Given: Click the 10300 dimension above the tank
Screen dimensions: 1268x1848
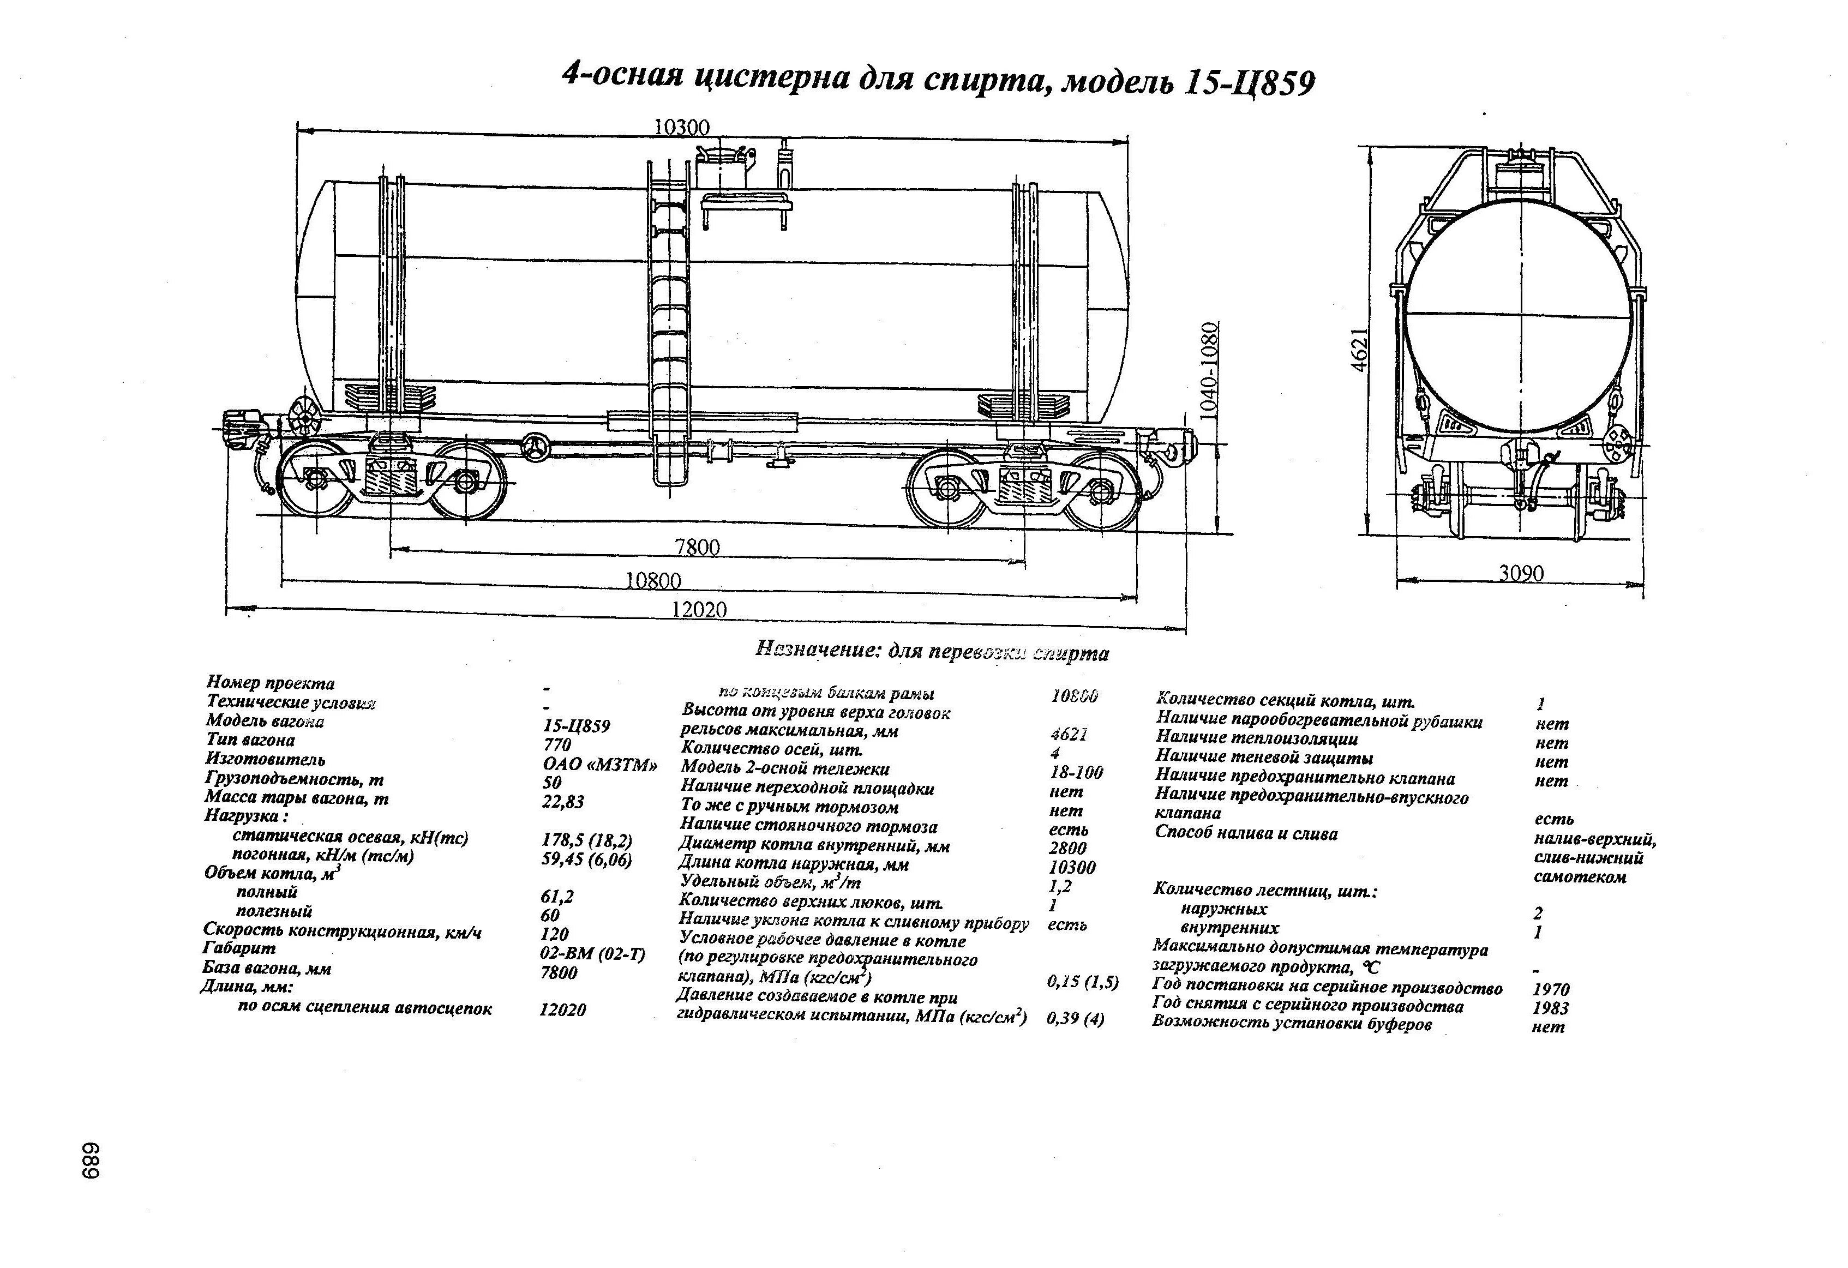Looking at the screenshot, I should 681,127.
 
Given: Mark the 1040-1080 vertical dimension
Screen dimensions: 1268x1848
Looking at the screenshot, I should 1209,366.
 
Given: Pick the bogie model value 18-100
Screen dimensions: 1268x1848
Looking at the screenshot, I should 1076,772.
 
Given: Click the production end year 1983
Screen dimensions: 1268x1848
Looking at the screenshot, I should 1551,1008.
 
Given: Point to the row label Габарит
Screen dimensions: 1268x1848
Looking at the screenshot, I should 239,948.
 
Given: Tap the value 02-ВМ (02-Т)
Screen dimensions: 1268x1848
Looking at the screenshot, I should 592,954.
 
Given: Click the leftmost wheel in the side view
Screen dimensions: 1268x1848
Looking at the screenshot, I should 316,479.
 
